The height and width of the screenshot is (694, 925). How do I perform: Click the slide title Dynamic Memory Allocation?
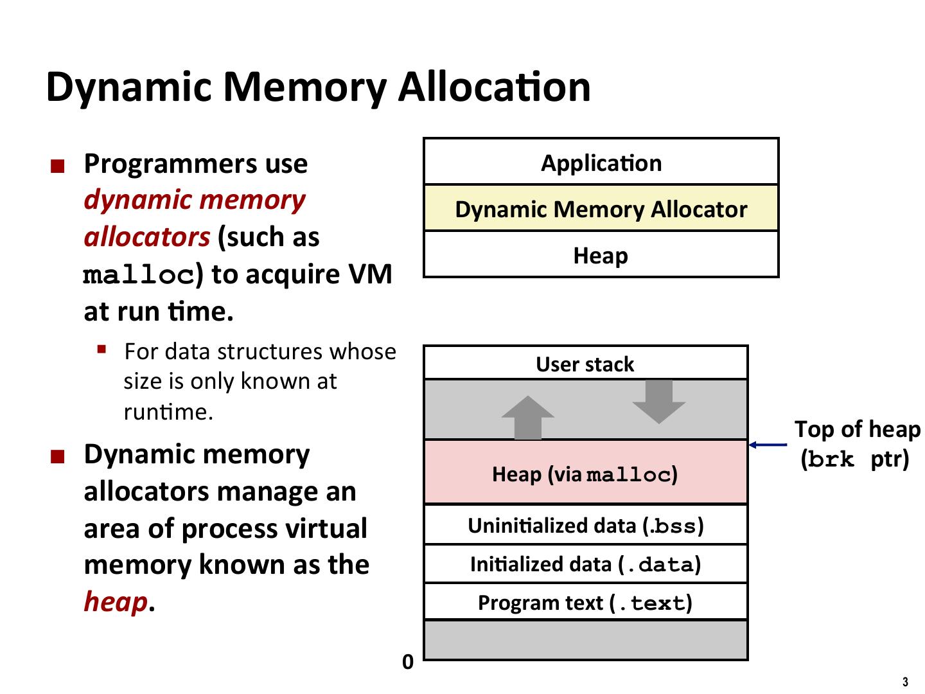(318, 86)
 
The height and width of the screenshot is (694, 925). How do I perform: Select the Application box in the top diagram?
(601, 163)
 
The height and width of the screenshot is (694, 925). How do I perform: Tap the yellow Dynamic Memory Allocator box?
(601, 209)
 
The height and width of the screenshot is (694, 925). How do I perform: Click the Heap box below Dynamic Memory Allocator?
(601, 256)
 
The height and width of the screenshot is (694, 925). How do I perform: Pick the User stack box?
(585, 364)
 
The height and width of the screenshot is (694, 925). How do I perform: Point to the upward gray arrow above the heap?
(528, 418)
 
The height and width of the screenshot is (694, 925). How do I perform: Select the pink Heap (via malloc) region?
(585, 474)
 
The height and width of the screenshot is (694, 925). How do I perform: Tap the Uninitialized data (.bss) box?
(585, 526)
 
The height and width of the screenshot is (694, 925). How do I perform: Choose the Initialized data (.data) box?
(585, 564)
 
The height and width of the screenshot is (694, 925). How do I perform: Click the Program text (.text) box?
(585, 603)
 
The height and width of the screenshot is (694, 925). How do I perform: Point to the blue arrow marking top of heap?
(768, 444)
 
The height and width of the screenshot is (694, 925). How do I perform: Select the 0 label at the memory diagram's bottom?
(408, 662)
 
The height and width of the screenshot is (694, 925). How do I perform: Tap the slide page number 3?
(906, 682)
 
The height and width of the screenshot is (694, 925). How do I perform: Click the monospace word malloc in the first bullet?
(139, 276)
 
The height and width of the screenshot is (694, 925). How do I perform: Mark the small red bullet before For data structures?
(101, 350)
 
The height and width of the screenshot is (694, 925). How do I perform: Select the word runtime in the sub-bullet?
(167, 411)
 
